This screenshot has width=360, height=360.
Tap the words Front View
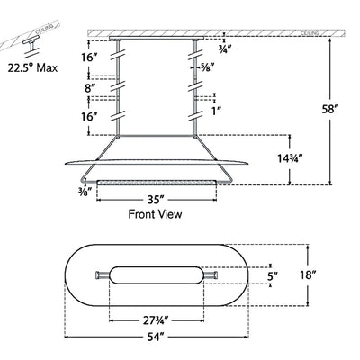(x=156, y=215)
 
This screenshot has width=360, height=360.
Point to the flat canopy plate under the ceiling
(x=156, y=38)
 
